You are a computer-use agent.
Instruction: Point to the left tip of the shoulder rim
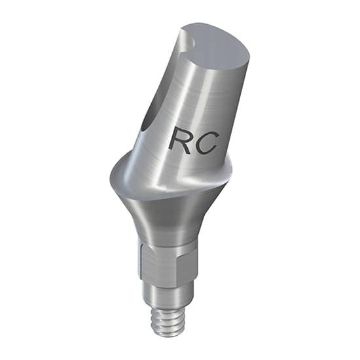(x=107, y=175)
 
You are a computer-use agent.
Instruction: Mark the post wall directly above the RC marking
(x=196, y=98)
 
